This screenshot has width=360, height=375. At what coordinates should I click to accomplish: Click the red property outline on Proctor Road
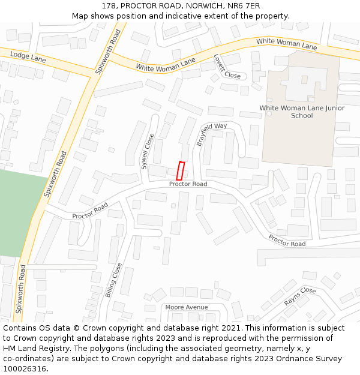click(180, 171)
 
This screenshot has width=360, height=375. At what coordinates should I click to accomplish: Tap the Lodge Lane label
click(28, 57)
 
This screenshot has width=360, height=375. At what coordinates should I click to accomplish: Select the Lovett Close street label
click(226, 67)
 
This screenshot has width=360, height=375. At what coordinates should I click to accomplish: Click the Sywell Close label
click(146, 151)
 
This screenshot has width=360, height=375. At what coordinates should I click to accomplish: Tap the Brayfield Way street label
click(212, 134)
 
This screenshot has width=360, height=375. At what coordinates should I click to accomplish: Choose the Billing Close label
click(113, 280)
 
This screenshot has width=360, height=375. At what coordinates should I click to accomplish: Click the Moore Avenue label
click(187, 307)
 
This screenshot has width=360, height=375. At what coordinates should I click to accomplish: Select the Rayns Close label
click(300, 296)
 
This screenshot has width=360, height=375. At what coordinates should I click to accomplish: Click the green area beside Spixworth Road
click(18, 210)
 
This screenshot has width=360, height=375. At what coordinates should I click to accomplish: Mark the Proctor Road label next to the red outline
click(188, 184)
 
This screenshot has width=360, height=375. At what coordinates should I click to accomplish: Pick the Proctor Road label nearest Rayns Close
click(287, 241)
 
